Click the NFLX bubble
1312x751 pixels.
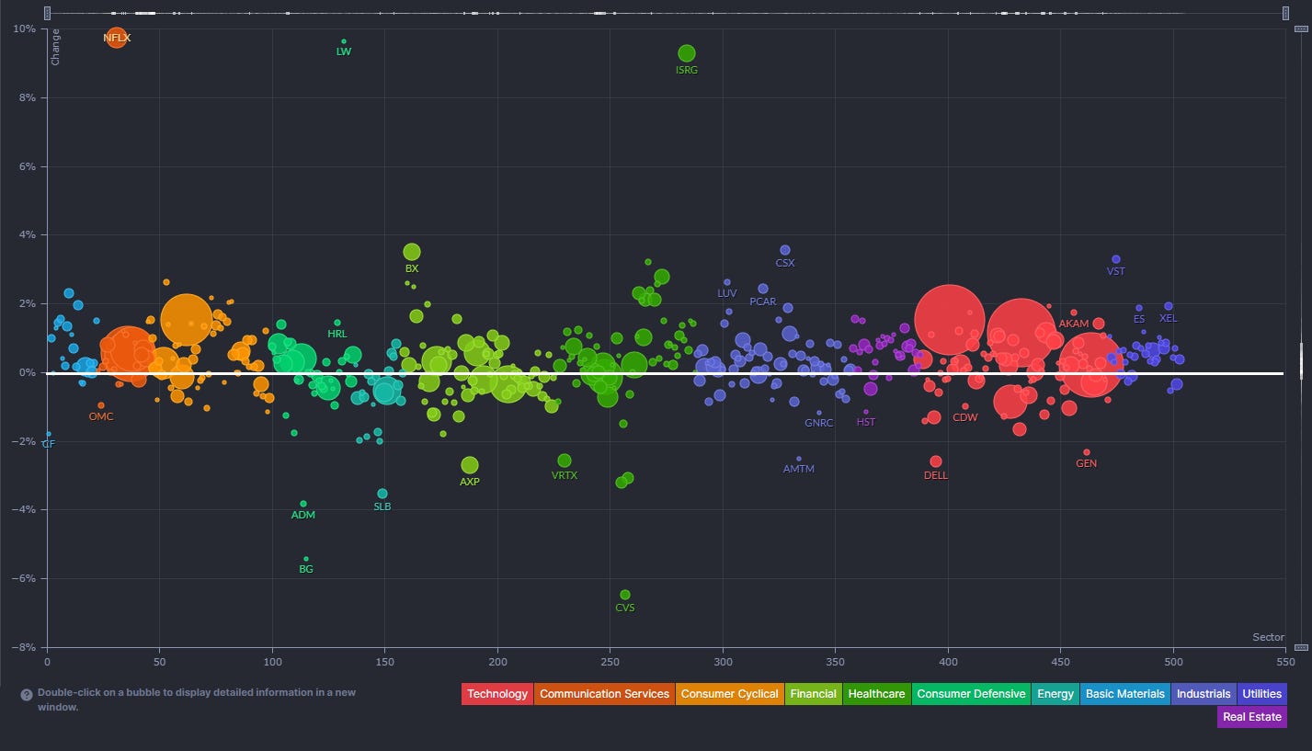pyautogui.click(x=116, y=38)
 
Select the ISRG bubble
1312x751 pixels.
pyautogui.click(x=687, y=53)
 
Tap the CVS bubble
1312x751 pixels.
pyautogui.click(x=625, y=595)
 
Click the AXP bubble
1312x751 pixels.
pyautogui.click(x=470, y=465)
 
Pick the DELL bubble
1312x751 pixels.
pyautogui.click(x=936, y=461)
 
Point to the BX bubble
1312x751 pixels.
pyautogui.click(x=412, y=252)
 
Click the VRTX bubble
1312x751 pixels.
pyautogui.click(x=565, y=461)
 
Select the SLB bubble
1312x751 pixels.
pyautogui.click(x=382, y=494)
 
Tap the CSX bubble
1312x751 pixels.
pyautogui.click(x=785, y=250)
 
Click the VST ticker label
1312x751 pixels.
pyautogui.click(x=1116, y=272)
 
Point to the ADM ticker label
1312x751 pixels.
pyautogui.click(x=303, y=516)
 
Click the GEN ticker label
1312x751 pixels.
pyautogui.click(x=1087, y=464)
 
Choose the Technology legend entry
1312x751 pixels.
pyautogui.click(x=497, y=694)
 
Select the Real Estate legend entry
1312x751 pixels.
pyautogui.click(x=1251, y=717)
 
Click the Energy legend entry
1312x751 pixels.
pyautogui.click(x=1055, y=694)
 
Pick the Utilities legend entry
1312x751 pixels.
pyautogui.click(x=1261, y=694)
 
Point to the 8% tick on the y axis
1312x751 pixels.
pyautogui.click(x=25, y=97)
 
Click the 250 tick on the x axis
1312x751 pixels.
pyautogui.click(x=610, y=661)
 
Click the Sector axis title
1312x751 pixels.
pyautogui.click(x=1268, y=637)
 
